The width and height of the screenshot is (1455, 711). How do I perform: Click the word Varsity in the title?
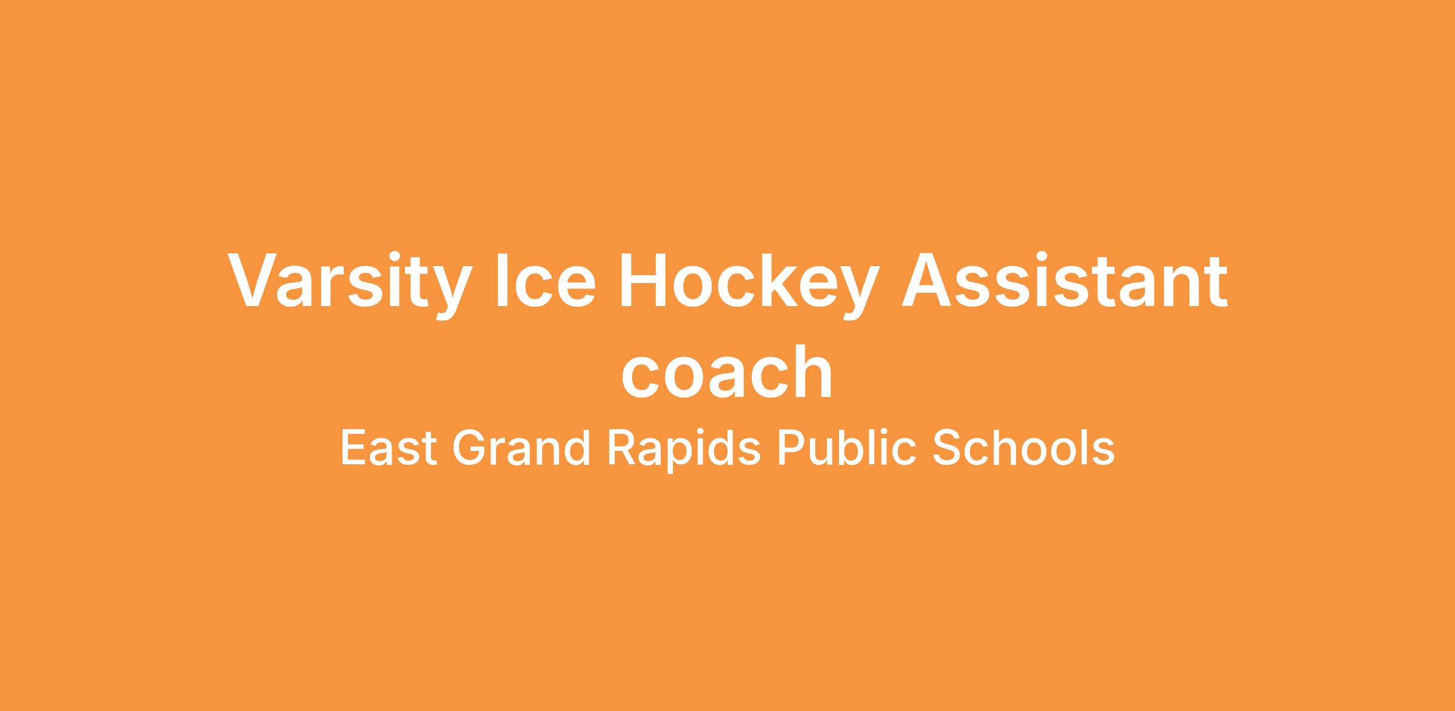click(349, 285)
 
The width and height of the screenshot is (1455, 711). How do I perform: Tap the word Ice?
click(545, 281)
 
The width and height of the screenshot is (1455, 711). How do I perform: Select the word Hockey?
click(749, 285)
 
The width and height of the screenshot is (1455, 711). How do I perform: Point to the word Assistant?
click(1065, 280)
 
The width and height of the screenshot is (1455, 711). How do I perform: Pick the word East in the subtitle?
click(389, 448)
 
